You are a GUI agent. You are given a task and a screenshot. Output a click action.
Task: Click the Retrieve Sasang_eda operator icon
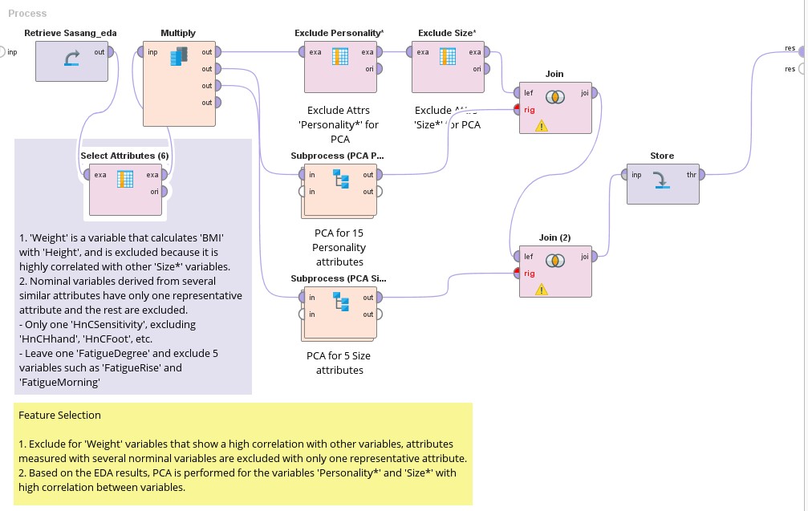pyautogui.click(x=71, y=59)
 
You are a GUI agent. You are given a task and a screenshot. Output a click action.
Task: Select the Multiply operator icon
pyautogui.click(x=178, y=57)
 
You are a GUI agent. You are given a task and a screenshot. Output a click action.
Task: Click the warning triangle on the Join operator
pyautogui.click(x=542, y=125)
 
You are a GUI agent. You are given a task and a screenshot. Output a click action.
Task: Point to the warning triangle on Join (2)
pyautogui.click(x=542, y=289)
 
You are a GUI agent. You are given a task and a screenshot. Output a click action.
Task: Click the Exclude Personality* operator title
pyautogui.click(x=339, y=33)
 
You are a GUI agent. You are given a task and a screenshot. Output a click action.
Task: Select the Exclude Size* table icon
pyautogui.click(x=448, y=57)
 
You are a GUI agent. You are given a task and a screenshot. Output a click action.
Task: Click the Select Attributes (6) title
pyautogui.click(x=124, y=155)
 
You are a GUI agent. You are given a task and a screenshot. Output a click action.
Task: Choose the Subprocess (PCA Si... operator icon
pyautogui.click(x=341, y=302)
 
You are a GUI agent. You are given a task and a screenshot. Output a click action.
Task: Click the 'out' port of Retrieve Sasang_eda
pyautogui.click(x=110, y=52)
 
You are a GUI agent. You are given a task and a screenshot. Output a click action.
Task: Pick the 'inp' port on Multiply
pyautogui.click(x=141, y=52)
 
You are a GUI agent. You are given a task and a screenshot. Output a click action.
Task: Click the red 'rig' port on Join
pyautogui.click(x=518, y=109)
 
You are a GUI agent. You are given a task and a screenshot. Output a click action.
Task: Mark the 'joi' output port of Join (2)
pyautogui.click(x=595, y=257)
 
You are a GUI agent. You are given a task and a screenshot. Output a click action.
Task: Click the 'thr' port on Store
pyautogui.click(x=701, y=175)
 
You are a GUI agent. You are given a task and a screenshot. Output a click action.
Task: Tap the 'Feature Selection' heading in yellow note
pyautogui.click(x=60, y=415)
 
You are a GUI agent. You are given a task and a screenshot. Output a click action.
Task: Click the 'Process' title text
pyautogui.click(x=27, y=14)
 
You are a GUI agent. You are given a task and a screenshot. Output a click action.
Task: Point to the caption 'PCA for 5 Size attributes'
pyautogui.click(x=339, y=363)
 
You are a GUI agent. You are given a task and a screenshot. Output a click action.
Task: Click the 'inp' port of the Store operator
pyautogui.click(x=626, y=175)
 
